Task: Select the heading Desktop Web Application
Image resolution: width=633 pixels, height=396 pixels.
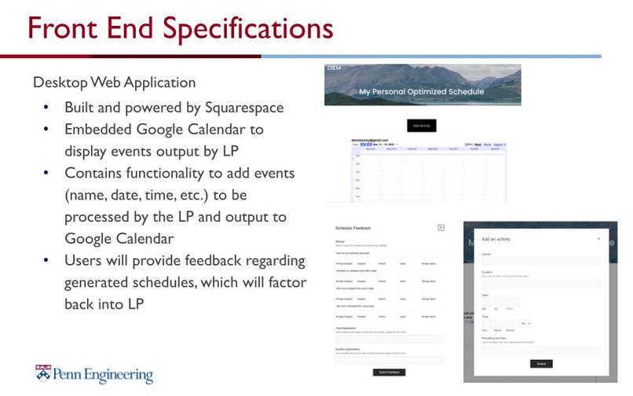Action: coord(114,82)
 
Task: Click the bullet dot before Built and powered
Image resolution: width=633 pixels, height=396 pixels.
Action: coord(46,108)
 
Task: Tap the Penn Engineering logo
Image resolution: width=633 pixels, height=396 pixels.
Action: coord(93,373)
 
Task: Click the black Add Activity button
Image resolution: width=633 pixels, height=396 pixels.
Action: coord(422,126)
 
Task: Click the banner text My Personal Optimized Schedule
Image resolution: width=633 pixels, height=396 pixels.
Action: coord(422,92)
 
